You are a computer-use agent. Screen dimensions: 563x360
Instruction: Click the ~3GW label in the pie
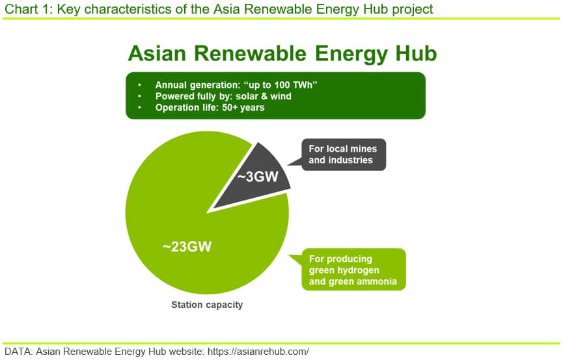(258, 177)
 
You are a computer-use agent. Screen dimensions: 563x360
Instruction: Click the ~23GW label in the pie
(187, 247)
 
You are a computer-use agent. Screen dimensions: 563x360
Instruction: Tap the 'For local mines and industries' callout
(344, 154)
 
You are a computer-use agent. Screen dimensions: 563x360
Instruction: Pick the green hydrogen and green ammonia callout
(353, 270)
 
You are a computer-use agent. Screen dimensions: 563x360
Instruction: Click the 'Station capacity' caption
(207, 305)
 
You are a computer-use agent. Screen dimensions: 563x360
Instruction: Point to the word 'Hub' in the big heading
(416, 53)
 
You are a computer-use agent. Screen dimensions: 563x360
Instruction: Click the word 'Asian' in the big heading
(157, 53)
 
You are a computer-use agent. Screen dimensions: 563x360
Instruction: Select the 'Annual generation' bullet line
(236, 85)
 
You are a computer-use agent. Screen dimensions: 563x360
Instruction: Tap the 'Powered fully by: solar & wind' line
(223, 96)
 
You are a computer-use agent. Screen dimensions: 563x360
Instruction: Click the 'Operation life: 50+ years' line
(210, 107)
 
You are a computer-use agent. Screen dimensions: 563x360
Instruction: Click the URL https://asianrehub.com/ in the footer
(258, 352)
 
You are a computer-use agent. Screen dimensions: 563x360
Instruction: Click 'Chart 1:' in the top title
(29, 9)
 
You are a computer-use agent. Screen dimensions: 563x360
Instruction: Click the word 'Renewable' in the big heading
(251, 53)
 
